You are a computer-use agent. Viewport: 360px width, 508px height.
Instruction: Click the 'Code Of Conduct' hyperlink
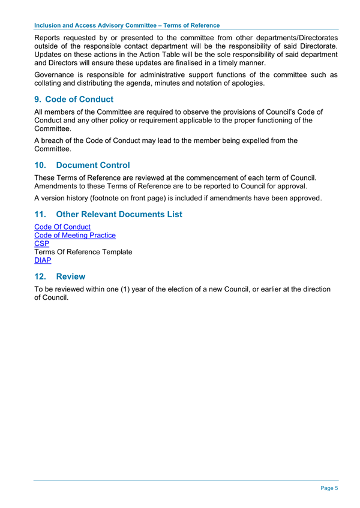point(62,227)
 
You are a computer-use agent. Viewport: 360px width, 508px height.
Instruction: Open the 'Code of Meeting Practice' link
point(75,236)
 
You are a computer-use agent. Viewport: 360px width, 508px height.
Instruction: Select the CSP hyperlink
point(42,244)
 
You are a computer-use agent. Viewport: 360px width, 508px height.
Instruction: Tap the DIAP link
point(43,261)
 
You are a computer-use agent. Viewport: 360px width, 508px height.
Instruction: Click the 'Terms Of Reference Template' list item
point(83,253)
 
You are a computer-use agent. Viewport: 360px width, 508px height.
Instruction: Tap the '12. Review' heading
point(60,276)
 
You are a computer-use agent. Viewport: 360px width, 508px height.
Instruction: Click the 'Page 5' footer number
point(329,488)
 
